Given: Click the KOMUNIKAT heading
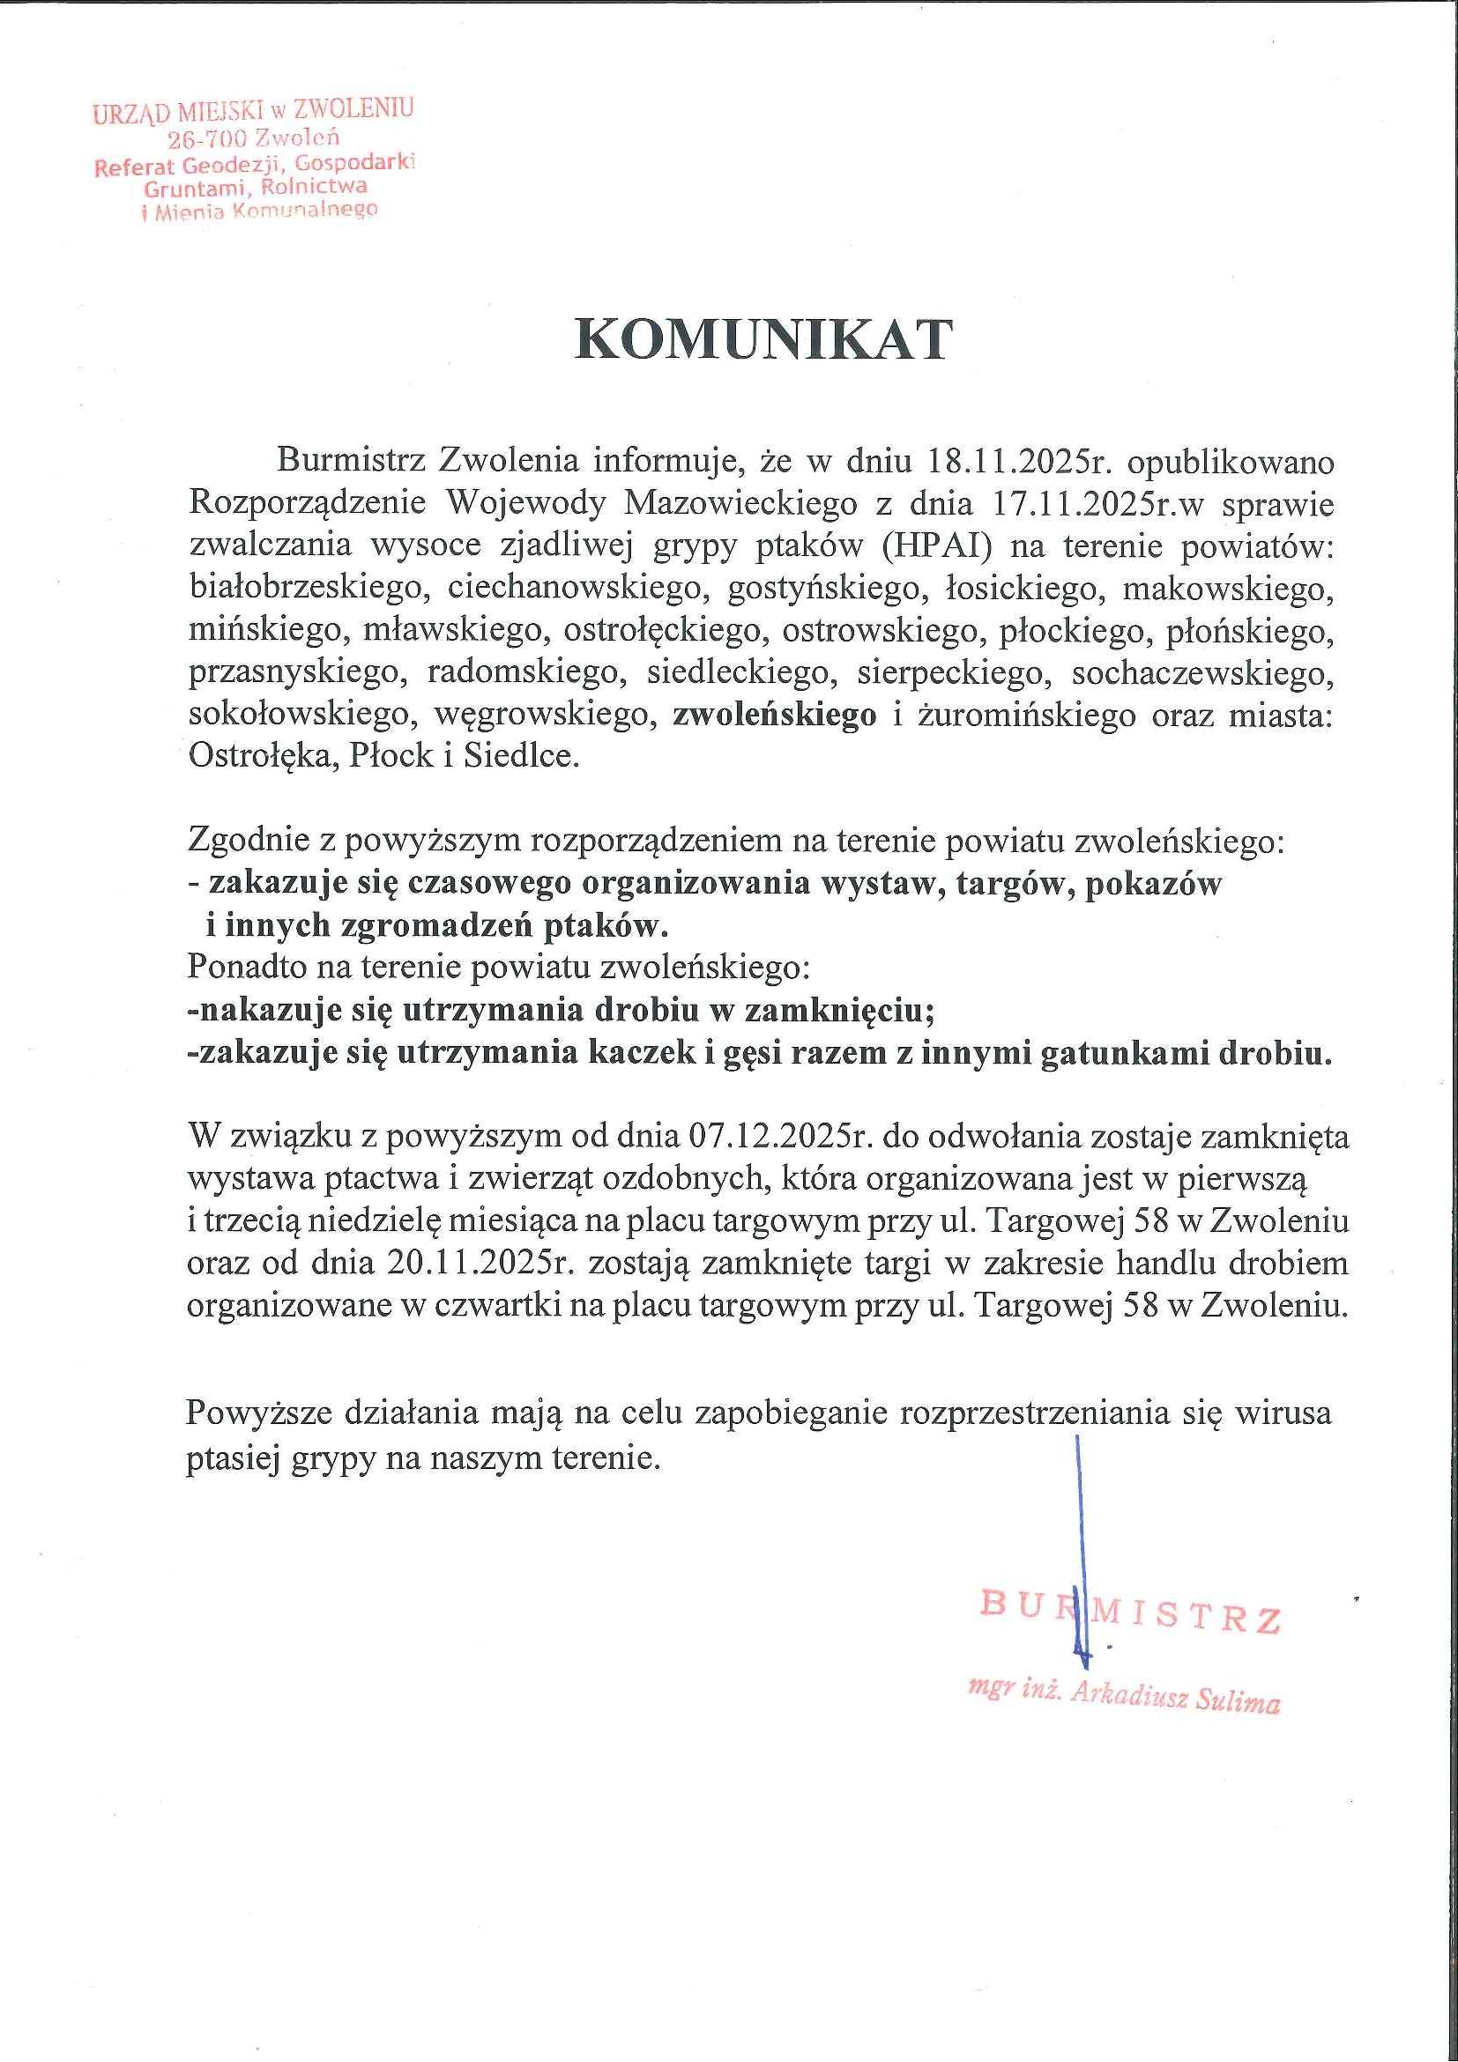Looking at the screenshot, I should pyautogui.click(x=762, y=339).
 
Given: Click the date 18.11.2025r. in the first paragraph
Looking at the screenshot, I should pyautogui.click(x=1019, y=461).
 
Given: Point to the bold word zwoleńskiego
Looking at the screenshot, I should pyautogui.click(x=774, y=715).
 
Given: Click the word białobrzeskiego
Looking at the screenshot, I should pyautogui.click(x=305, y=589).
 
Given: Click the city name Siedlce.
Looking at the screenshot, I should pyautogui.click(x=521, y=755).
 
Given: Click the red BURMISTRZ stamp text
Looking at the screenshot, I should pyautogui.click(x=1130, y=1613).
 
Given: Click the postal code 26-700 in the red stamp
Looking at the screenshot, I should pyautogui.click(x=206, y=139).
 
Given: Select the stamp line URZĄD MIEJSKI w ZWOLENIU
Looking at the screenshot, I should pyautogui.click(x=252, y=111).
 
